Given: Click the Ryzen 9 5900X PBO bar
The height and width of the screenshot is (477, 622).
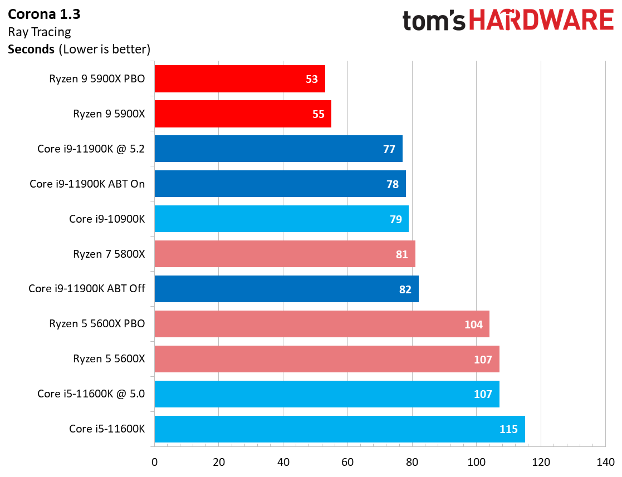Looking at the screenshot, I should [x=239, y=79].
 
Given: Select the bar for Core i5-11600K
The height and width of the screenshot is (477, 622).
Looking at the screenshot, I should [x=339, y=429].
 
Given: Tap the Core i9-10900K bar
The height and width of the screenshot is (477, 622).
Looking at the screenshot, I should [x=281, y=219].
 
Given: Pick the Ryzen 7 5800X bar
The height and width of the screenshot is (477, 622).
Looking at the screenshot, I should [x=285, y=254].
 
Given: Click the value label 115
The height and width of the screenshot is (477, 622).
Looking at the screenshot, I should [x=508, y=429].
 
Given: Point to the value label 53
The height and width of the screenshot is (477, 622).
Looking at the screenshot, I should [x=312, y=79].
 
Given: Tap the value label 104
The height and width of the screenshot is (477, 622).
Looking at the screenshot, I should [x=473, y=324].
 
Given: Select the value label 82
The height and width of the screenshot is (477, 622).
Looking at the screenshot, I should [x=405, y=289].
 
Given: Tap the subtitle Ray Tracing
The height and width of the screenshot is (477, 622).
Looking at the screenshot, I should [x=40, y=32].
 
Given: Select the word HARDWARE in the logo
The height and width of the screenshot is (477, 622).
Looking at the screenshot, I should [x=542, y=21].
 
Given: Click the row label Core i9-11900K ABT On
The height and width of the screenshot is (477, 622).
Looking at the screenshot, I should [x=87, y=184].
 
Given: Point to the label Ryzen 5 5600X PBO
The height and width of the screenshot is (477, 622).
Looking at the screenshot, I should [x=97, y=324].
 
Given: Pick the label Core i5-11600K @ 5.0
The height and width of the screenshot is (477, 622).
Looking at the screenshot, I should [x=91, y=394].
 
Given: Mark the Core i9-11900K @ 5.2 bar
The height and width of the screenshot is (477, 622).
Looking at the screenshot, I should [x=278, y=149].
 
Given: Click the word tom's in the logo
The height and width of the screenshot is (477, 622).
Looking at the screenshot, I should [x=434, y=21].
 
